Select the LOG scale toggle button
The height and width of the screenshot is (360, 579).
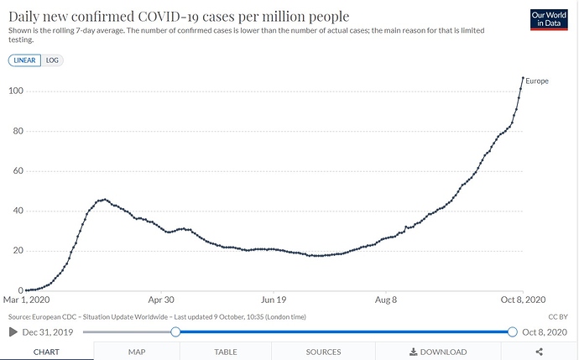[x=53, y=60]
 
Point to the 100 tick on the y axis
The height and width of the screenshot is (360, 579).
[x=15, y=91]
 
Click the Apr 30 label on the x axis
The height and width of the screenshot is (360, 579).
[x=161, y=298]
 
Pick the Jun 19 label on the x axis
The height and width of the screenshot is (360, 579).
[x=274, y=298]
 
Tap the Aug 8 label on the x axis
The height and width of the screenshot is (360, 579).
[x=387, y=298]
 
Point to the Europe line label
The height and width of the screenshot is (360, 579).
[x=537, y=81]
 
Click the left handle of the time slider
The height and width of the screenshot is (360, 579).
[x=175, y=331]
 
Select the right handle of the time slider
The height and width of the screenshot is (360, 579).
[x=512, y=331]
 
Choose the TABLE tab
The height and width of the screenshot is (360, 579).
[x=225, y=352]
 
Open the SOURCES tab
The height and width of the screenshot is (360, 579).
[x=323, y=352]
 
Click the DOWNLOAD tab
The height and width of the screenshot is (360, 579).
[x=438, y=352]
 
